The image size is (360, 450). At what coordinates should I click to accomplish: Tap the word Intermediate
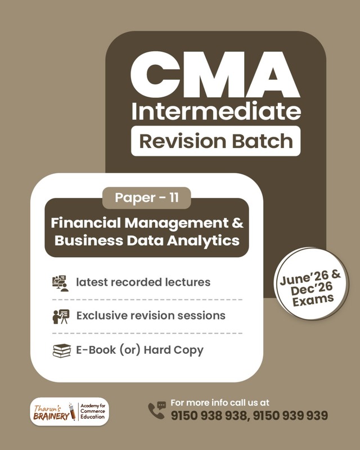tap(216, 111)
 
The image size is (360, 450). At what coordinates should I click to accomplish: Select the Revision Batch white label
tap(216, 141)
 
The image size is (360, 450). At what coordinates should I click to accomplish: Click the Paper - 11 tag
tap(146, 197)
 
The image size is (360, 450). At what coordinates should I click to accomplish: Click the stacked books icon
tap(60, 350)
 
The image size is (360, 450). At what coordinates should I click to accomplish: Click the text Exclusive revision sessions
tap(151, 316)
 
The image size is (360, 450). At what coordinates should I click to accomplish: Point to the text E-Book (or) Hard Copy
tap(139, 350)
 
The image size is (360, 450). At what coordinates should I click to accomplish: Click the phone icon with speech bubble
tap(156, 410)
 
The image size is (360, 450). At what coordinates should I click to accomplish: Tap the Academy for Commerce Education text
tap(93, 411)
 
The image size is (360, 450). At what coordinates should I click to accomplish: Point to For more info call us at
tap(219, 403)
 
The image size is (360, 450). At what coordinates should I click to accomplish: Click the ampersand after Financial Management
tap(238, 222)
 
